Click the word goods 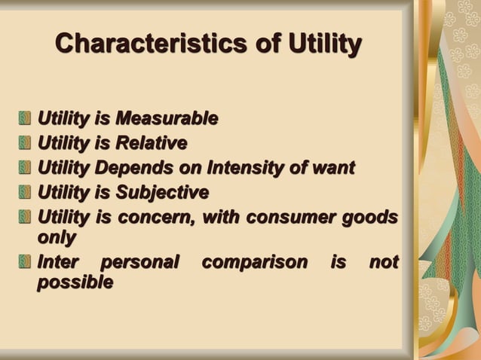tap(372, 218)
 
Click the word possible tap(75, 283)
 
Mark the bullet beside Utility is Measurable tap(26, 119)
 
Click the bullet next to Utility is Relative tap(26, 144)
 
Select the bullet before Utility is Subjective tap(26, 194)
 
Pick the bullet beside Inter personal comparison tap(26, 264)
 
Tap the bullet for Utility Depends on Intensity tap(26, 169)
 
